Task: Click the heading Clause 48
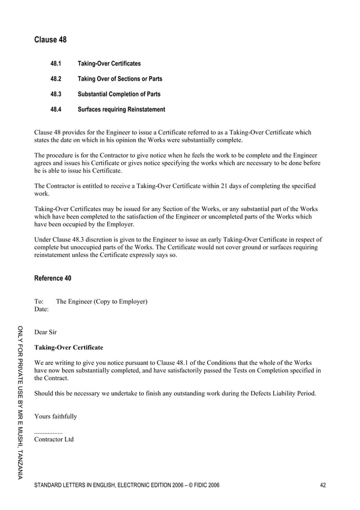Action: [x=50, y=40]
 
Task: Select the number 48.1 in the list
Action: [x=56, y=64]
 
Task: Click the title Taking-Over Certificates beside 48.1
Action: [x=109, y=64]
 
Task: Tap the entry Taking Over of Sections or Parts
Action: [x=120, y=79]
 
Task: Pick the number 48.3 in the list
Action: [x=56, y=94]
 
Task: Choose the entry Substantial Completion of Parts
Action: [x=118, y=94]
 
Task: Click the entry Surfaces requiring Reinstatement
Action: [x=121, y=110]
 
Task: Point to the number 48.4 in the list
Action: [x=56, y=110]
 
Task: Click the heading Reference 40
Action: [x=52, y=278]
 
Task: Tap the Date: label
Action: [x=41, y=310]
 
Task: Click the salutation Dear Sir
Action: [x=46, y=332]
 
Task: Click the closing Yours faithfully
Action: [x=56, y=416]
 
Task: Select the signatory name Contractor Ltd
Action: [x=54, y=439]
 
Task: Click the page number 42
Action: [x=322, y=485]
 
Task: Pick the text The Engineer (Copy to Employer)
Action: [x=102, y=302]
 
